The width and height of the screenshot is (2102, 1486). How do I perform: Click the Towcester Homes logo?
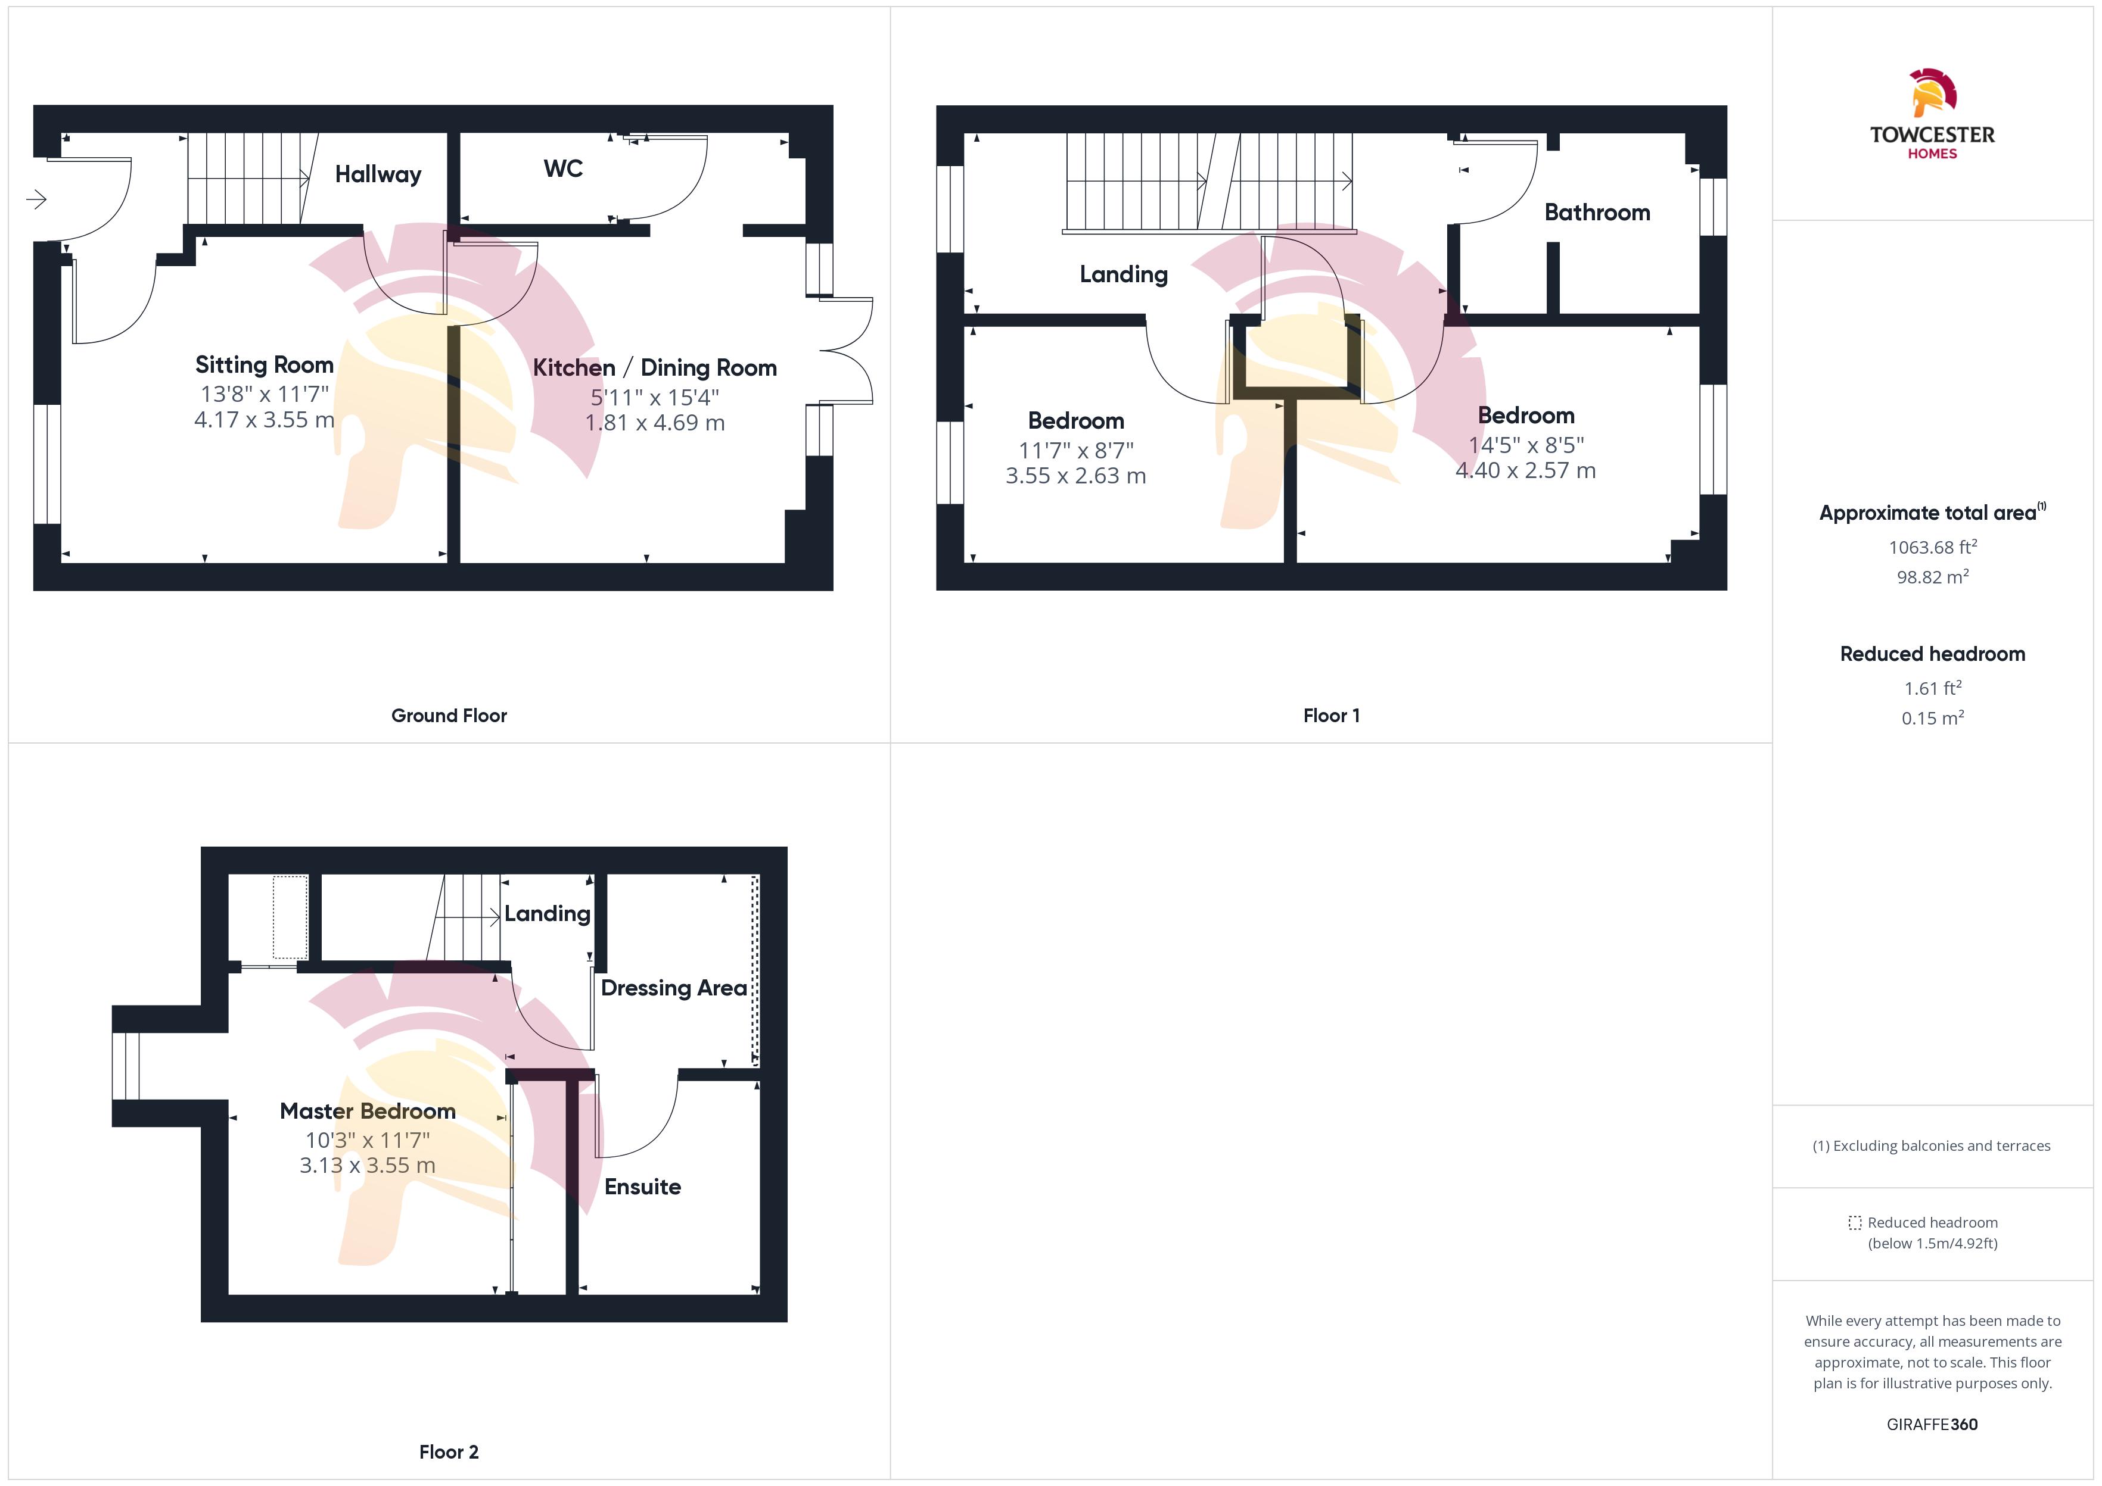pos(1932,114)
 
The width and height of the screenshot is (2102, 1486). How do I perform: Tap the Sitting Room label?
pos(264,365)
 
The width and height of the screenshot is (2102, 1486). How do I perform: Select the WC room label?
pos(563,168)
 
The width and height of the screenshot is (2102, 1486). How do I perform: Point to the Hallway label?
pos(378,175)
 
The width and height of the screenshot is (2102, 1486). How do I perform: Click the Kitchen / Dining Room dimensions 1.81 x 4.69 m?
pos(655,423)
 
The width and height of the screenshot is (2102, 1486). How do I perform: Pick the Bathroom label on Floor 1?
pos(1597,213)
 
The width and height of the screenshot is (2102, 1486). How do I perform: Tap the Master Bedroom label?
pos(367,1111)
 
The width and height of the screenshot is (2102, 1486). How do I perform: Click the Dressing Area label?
pos(674,988)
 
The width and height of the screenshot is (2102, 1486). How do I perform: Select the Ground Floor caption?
pos(449,716)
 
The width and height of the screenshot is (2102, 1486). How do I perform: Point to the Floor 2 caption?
pos(449,1452)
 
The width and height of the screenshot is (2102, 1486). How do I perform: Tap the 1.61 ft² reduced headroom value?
pos(1933,688)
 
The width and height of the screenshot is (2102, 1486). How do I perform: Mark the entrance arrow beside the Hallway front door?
pos(36,199)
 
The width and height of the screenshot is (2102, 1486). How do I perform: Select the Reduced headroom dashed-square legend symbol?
pos(1855,1222)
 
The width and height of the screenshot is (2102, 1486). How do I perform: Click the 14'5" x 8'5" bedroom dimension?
pos(1526,445)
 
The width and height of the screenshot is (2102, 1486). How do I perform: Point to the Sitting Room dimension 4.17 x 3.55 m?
pos(264,420)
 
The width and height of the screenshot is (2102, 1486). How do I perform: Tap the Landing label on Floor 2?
pos(548,914)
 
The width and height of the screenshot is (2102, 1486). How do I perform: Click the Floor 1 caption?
pos(1331,716)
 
